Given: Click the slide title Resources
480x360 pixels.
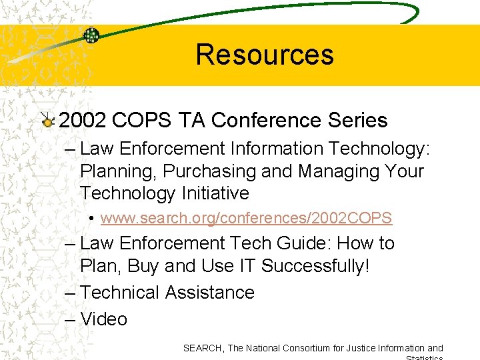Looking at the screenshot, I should (x=265, y=55).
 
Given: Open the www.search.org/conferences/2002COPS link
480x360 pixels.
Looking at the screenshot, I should (x=246, y=218).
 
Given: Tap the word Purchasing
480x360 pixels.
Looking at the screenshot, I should (x=209, y=171).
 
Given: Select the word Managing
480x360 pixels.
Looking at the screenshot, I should (x=331, y=171).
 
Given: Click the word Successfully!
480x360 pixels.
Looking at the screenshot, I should (x=315, y=266).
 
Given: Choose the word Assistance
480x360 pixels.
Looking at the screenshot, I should (x=210, y=293).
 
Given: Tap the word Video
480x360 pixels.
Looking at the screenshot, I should (x=103, y=319).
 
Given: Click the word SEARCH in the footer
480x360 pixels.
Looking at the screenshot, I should (x=203, y=348).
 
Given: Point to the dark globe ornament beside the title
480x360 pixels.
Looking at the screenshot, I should (x=91, y=35).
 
